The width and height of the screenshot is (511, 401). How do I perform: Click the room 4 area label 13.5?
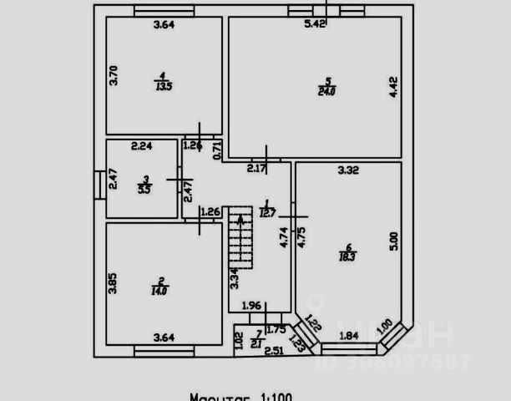(x=164, y=85)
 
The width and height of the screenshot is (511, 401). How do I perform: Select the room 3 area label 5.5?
(x=145, y=189)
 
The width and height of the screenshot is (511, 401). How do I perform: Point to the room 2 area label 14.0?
(x=159, y=291)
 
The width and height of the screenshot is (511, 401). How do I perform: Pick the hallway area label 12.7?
(x=266, y=212)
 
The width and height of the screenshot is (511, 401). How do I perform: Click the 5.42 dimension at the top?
(x=315, y=24)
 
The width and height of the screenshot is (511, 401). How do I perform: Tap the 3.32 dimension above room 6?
(x=348, y=171)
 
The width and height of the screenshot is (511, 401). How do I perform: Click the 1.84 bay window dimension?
(x=348, y=336)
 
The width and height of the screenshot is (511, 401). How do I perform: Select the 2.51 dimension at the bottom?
(x=274, y=350)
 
